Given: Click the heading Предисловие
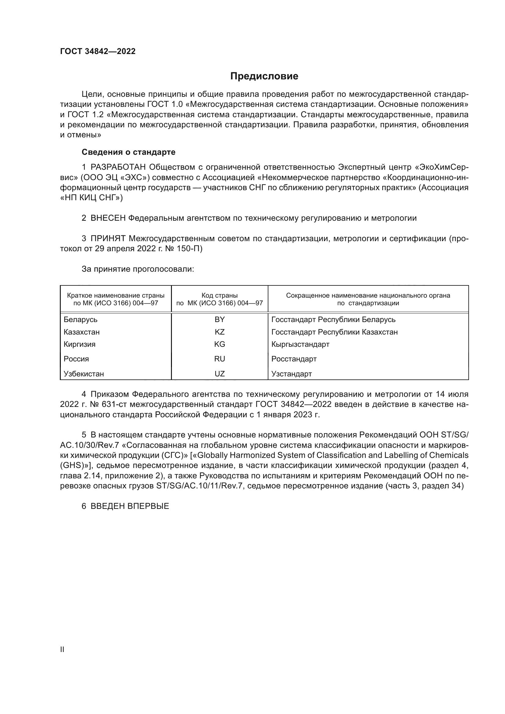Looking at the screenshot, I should pyautogui.click(x=264, y=76).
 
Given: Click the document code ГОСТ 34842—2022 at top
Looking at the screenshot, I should pyautogui.click(x=98, y=51).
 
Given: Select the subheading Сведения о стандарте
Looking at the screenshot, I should pyautogui.click(x=129, y=152).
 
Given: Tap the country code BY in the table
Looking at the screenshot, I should pyautogui.click(x=220, y=319).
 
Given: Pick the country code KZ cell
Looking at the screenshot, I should pyautogui.click(x=220, y=332).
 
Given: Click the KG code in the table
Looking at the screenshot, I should pyautogui.click(x=220, y=344).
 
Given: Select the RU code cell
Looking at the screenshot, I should pyautogui.click(x=220, y=359).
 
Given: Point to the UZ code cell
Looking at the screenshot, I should pyautogui.click(x=220, y=374).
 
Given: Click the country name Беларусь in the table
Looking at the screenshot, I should pyautogui.click(x=81, y=320).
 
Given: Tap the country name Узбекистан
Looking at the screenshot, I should pyautogui.click(x=84, y=374).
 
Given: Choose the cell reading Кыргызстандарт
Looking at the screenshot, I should pyautogui.click(x=300, y=344).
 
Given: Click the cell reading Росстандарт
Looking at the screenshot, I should pyautogui.click(x=294, y=359).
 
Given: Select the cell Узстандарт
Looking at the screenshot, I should pyautogui.click(x=291, y=374).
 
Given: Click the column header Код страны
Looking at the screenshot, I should pyautogui.click(x=220, y=295).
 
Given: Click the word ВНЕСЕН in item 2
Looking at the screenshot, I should pyautogui.click(x=108, y=218).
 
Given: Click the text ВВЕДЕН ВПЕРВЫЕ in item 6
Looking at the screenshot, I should pyautogui.click(x=130, y=506).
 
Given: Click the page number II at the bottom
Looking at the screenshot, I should pyautogui.click(x=62, y=649).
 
